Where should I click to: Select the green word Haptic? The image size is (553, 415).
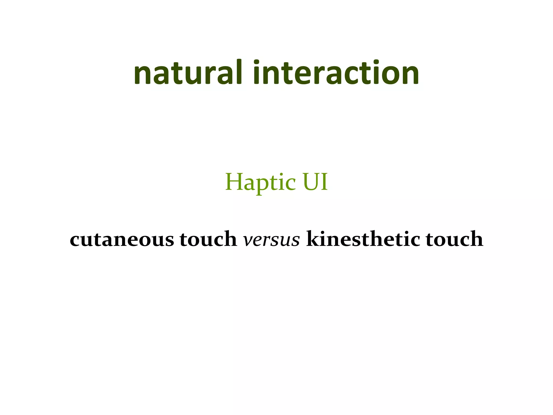(x=261, y=183)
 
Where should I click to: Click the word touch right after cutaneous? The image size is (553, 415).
(x=208, y=239)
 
